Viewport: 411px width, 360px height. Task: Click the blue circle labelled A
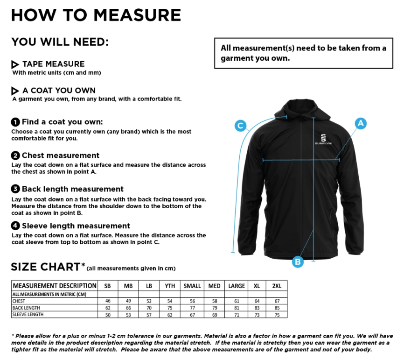click(360, 123)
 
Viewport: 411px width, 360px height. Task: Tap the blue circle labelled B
click(298, 261)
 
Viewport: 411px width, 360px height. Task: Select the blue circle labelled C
click(240, 126)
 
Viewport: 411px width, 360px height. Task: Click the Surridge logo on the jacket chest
click(323, 139)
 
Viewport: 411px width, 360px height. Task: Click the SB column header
click(108, 286)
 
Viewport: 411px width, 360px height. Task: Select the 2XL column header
click(277, 286)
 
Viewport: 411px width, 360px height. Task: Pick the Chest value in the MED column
click(214, 301)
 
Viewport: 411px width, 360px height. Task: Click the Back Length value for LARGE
click(237, 308)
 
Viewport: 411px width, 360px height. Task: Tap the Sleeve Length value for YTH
click(169, 315)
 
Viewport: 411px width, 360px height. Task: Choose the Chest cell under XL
click(257, 301)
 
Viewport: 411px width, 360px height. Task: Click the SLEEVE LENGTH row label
click(28, 315)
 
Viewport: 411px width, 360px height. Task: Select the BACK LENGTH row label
click(26, 308)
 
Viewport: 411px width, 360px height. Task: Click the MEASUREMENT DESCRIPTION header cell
click(55, 286)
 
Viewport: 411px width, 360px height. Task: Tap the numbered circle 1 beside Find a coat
click(15, 122)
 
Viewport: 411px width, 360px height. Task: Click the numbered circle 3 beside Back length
click(15, 189)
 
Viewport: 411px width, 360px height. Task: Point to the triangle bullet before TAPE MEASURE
click(15, 64)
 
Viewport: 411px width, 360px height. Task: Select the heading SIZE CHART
click(46, 267)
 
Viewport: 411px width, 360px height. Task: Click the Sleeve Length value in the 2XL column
click(277, 315)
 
